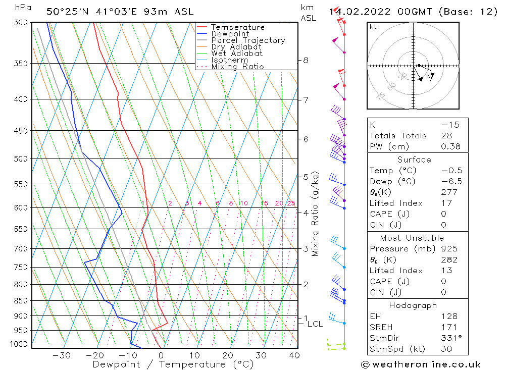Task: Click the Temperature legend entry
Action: point(237,27)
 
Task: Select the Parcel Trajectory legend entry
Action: point(248,40)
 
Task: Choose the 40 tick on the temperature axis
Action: point(294,355)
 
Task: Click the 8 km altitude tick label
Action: point(306,60)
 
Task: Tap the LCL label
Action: point(315,324)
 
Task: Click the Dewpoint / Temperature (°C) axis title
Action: point(173,364)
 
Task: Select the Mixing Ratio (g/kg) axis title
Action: point(316,214)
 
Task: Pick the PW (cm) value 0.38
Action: point(451,146)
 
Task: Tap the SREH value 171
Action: point(449,327)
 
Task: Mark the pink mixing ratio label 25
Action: point(291,203)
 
